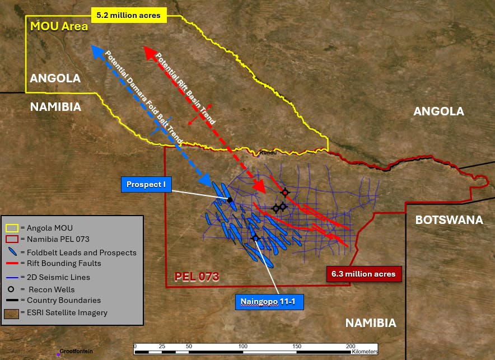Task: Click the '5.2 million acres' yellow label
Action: pos(129,16)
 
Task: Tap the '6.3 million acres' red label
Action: pos(363,274)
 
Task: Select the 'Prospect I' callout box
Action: pos(146,185)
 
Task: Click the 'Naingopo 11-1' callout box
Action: pos(271,302)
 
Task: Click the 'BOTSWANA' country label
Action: pos(449,219)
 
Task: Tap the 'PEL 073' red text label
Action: pos(196,277)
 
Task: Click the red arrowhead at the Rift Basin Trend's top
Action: pos(150,52)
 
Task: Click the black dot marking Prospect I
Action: pos(230,199)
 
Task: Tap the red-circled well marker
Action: pos(285,193)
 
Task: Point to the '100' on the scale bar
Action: pos(243,347)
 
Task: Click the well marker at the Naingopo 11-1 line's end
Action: pos(256,238)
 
